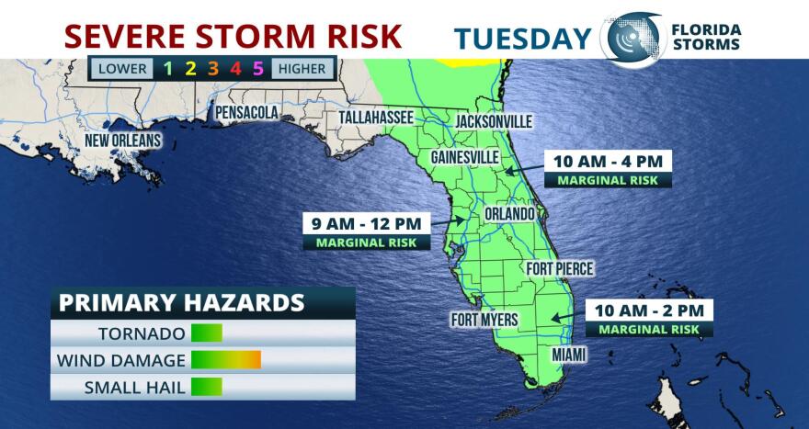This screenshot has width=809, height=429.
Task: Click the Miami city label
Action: point(569,354)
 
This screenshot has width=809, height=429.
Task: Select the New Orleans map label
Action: point(123,141)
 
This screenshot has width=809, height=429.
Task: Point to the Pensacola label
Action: point(246,112)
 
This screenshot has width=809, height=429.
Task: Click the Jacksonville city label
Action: point(494,121)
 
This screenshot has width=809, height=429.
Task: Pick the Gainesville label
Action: point(465,157)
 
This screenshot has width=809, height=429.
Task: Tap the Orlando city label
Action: point(509,214)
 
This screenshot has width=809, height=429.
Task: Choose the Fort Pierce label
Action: point(559,269)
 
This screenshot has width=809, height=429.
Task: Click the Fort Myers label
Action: point(484,320)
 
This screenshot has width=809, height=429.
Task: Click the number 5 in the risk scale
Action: point(258,68)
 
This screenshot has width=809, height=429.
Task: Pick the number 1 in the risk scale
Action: point(168,68)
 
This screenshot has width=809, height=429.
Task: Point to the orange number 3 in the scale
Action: point(212,68)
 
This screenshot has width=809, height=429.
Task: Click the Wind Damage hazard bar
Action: point(226,360)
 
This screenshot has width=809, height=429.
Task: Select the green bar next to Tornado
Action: point(207,333)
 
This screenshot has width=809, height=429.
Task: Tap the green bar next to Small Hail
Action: point(207,387)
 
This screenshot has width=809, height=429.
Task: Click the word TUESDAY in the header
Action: point(522,38)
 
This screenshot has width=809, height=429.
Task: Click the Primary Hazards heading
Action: point(181,303)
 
